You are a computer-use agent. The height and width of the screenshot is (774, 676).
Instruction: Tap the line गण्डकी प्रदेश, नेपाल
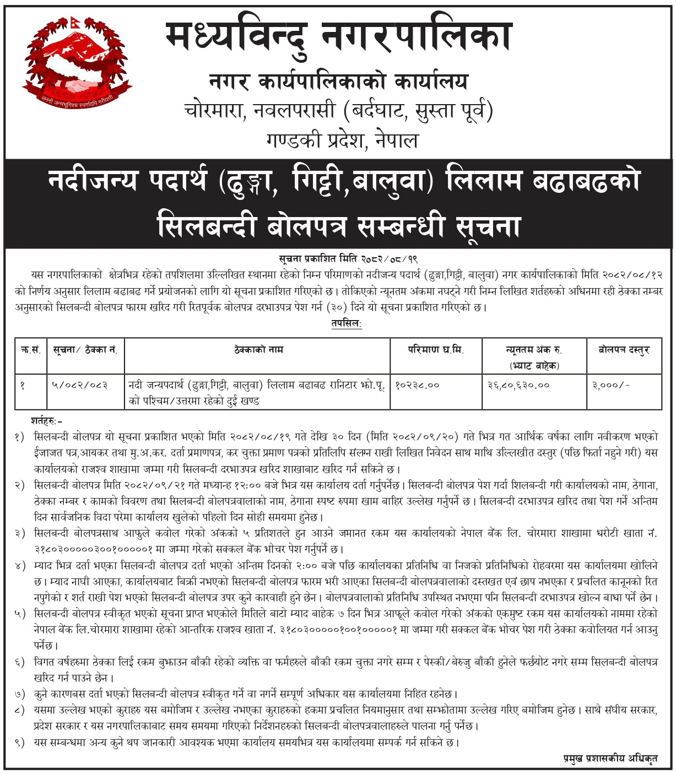[x=342, y=140]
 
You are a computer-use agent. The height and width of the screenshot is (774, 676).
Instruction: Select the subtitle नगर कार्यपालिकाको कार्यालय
[x=338, y=83]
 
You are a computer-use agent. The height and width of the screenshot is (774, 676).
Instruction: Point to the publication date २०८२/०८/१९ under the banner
[x=390, y=259]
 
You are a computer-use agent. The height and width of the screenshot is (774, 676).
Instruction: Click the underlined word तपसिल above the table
[x=346, y=323]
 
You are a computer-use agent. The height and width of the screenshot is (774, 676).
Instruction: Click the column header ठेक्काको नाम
[x=258, y=350]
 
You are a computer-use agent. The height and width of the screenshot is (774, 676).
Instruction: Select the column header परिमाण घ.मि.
[x=436, y=350]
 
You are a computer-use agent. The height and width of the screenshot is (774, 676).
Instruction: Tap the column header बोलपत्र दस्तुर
[x=624, y=350]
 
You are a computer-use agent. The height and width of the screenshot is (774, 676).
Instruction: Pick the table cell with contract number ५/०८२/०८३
[x=79, y=385]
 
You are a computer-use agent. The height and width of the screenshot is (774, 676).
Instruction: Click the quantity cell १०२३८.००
[x=417, y=385]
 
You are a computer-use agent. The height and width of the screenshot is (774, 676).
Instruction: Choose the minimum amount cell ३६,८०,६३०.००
[x=518, y=385]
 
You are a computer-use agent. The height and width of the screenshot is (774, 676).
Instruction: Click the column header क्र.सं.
[x=31, y=350]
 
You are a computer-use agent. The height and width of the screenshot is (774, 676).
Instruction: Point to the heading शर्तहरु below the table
[x=46, y=421]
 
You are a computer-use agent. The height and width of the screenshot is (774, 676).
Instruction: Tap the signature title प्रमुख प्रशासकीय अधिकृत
[x=610, y=759]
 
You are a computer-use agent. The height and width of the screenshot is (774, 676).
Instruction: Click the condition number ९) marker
[x=20, y=743]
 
